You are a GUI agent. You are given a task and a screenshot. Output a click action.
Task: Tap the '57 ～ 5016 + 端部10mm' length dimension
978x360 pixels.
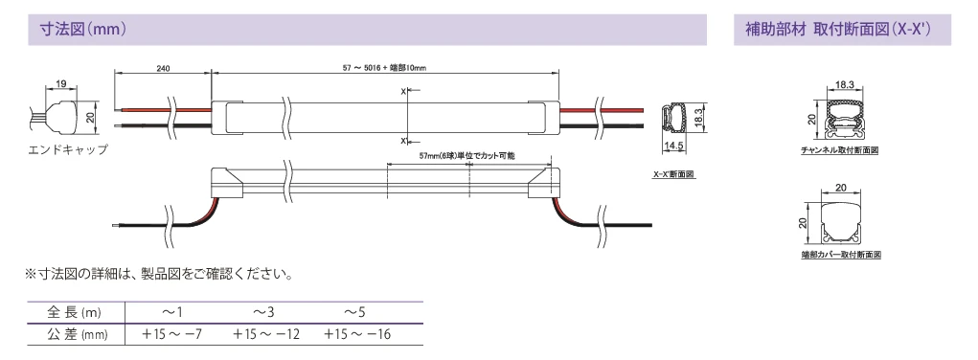[384, 68]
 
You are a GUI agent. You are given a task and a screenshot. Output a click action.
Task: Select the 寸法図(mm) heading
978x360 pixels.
[83, 30]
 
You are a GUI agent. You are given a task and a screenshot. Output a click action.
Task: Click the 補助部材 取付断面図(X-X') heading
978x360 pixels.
[837, 30]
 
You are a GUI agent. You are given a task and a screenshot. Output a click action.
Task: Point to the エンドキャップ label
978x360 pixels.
[68, 149]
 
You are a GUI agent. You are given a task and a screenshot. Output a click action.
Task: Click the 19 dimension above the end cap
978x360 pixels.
[61, 83]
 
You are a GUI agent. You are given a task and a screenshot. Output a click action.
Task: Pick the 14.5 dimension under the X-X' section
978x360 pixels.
[674, 146]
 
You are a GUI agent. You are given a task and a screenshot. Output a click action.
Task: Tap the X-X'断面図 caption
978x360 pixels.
[673, 174]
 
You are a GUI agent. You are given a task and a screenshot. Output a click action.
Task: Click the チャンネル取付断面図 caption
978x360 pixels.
[839, 150]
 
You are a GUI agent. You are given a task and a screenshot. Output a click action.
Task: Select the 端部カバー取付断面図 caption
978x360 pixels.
[841, 255]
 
